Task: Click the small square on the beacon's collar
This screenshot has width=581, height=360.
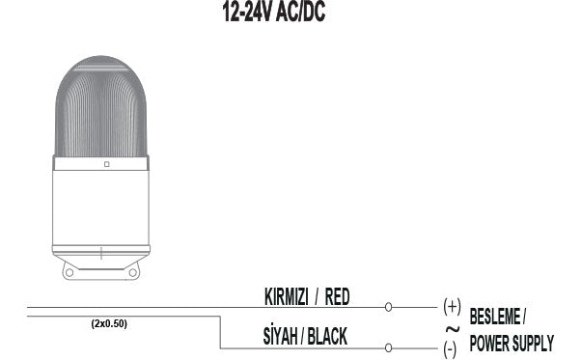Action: (x=105, y=165)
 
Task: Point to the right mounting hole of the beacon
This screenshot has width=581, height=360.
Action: (x=134, y=271)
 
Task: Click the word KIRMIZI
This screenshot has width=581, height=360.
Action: (x=288, y=297)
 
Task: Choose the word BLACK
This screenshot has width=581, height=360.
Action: (x=327, y=336)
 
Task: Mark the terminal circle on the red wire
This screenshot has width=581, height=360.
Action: (x=388, y=308)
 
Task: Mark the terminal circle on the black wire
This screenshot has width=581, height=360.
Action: (x=388, y=347)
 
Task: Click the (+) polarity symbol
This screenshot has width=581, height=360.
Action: (x=452, y=306)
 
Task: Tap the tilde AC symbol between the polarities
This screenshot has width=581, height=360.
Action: (x=451, y=328)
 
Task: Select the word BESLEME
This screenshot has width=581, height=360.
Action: (x=495, y=317)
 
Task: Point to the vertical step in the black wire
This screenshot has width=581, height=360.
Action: (x=222, y=331)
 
